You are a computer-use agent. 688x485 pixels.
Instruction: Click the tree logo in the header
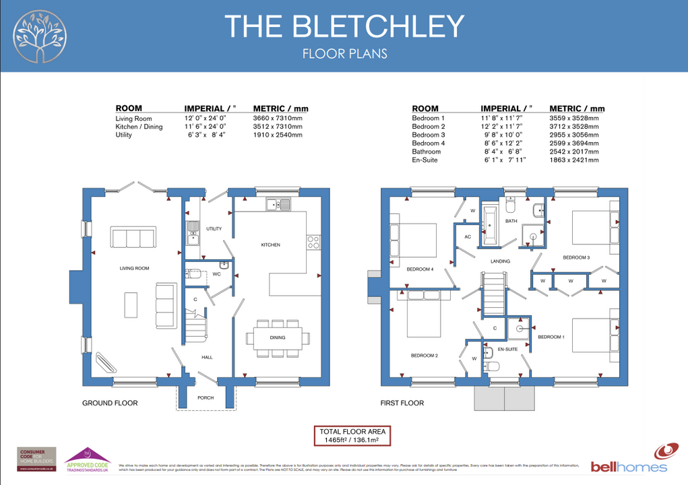click(x=41, y=36)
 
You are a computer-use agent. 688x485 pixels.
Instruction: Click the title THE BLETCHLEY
click(x=344, y=26)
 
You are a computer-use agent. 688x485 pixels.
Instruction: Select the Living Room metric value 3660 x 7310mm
click(x=278, y=119)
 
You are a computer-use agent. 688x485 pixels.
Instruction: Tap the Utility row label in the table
click(x=123, y=135)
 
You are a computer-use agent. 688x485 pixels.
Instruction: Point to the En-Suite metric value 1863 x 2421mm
click(x=573, y=160)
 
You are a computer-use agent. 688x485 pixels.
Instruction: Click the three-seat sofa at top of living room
click(x=133, y=238)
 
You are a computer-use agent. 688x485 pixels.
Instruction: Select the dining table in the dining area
click(x=278, y=337)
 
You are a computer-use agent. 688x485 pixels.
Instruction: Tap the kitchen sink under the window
click(x=278, y=205)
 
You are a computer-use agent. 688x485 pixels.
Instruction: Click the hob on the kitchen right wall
click(x=313, y=242)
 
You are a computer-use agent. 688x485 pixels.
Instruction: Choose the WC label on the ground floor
click(x=216, y=274)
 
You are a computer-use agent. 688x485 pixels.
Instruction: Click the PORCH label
click(x=206, y=397)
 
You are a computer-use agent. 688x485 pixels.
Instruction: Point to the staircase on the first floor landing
click(x=493, y=291)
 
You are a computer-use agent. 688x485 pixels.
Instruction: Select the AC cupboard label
click(x=468, y=237)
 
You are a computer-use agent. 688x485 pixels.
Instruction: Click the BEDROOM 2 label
click(x=425, y=355)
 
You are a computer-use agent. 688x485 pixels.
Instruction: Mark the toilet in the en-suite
click(x=491, y=366)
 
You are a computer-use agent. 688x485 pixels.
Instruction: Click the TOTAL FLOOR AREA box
click(x=352, y=436)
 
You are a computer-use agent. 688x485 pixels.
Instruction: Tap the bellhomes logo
click(x=629, y=460)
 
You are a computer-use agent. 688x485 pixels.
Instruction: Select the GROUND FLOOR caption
click(x=110, y=403)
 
